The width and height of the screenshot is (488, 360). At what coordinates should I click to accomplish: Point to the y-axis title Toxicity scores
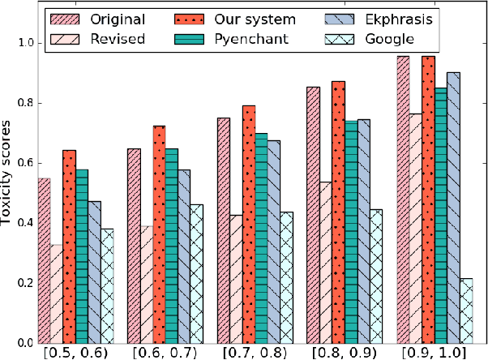(9, 176)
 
